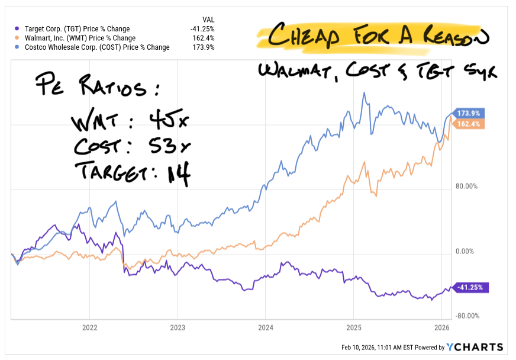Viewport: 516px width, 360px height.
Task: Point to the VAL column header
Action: [208, 19]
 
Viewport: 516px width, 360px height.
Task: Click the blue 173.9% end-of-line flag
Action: [469, 113]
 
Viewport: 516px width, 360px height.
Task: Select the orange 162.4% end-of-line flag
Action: [469, 124]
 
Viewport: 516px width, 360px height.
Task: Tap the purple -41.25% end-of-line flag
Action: [469, 287]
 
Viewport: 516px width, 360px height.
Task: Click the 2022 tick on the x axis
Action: [89, 327]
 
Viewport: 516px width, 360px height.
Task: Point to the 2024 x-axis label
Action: [265, 327]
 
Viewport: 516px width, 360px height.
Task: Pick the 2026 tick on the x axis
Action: [441, 327]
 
